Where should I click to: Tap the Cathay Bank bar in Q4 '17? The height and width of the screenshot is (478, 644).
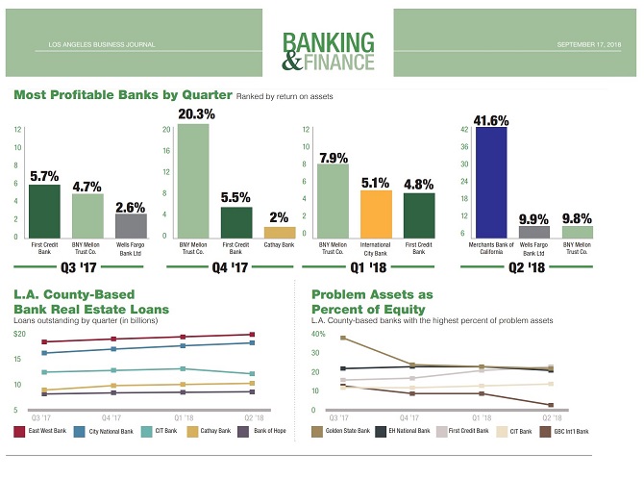pyautogui.click(x=280, y=232)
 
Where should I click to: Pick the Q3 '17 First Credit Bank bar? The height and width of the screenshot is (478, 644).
pyautogui.click(x=44, y=211)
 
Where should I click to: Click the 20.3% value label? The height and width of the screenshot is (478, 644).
pyautogui.click(x=196, y=113)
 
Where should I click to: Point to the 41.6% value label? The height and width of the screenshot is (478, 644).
pyautogui.click(x=491, y=120)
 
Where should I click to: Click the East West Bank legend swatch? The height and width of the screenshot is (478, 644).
pyautogui.click(x=20, y=432)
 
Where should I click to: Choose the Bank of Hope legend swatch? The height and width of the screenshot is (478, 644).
pyautogui.click(x=243, y=432)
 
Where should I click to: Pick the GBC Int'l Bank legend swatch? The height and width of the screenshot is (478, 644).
pyautogui.click(x=545, y=432)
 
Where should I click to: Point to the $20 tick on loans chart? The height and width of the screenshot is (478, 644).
pyautogui.click(x=18, y=334)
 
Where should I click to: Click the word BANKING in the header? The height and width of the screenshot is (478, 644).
pyautogui.click(x=329, y=42)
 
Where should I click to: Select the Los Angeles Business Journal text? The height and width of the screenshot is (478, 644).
pyautogui.click(x=94, y=44)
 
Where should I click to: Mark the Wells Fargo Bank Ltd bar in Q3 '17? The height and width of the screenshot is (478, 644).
pyautogui.click(x=131, y=225)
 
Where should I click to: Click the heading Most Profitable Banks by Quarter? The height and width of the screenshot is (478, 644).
pyautogui.click(x=123, y=95)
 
